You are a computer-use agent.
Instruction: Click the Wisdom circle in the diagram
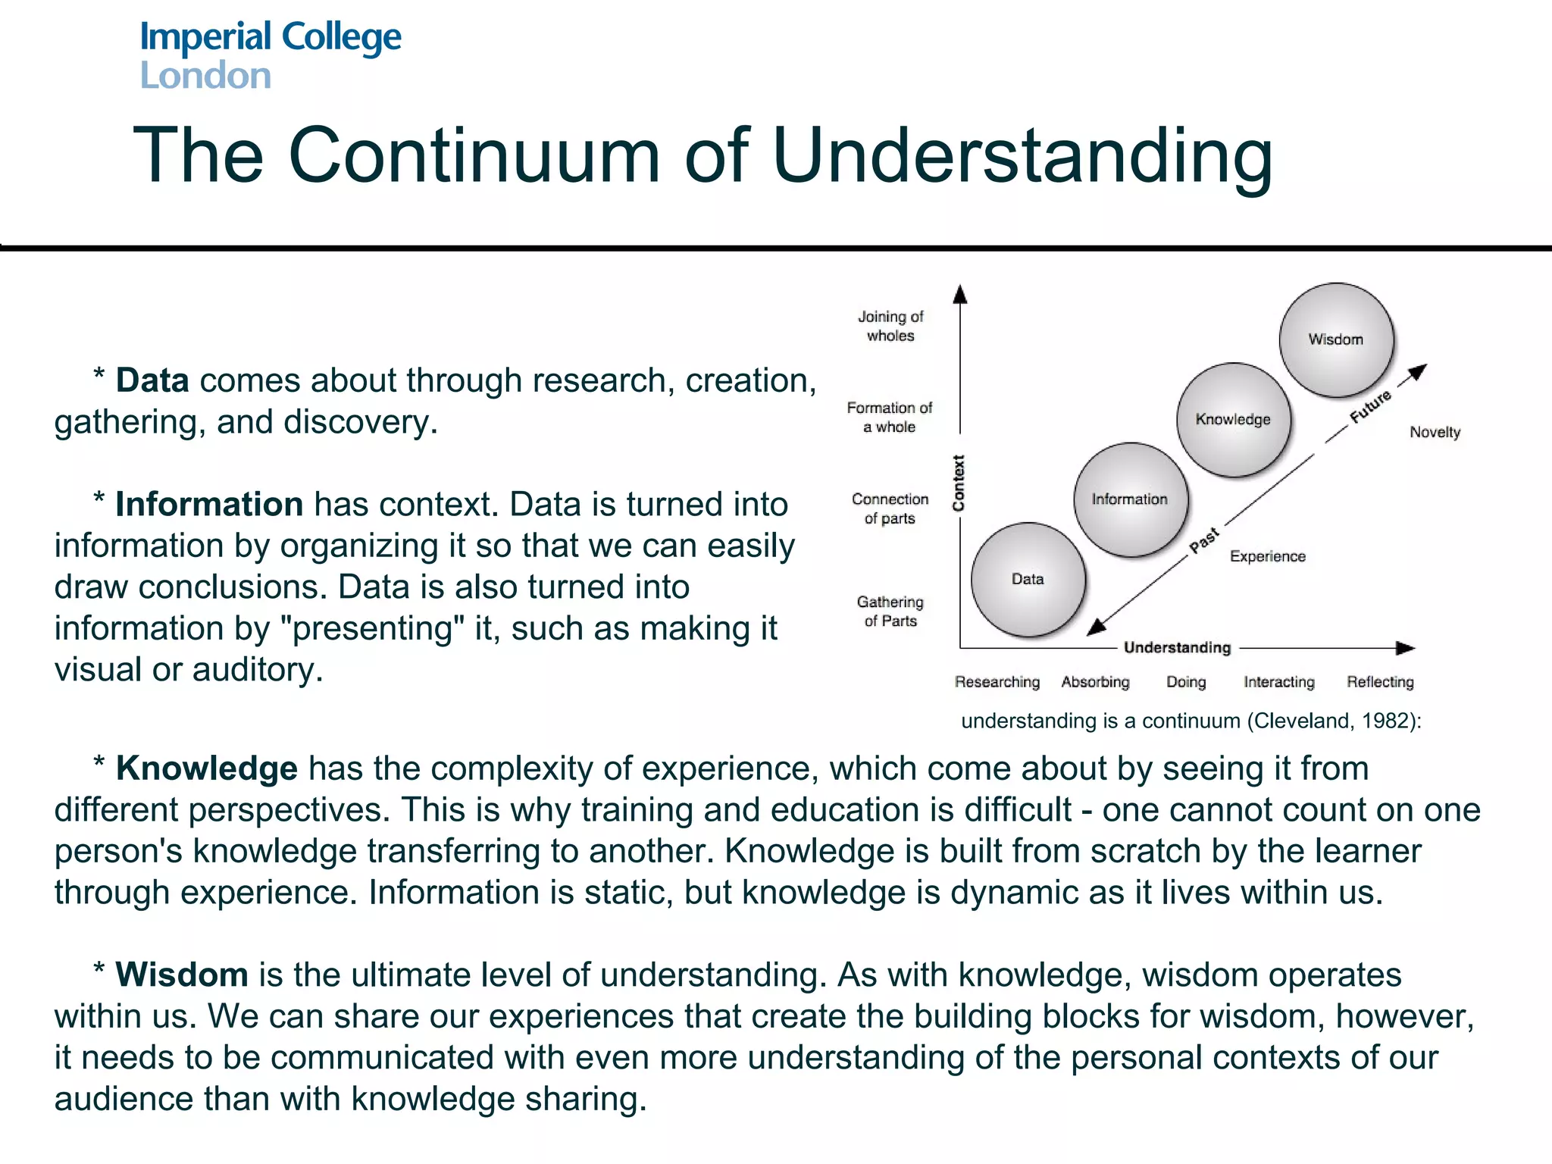click(x=1336, y=339)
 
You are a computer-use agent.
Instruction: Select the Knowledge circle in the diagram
click(x=1233, y=419)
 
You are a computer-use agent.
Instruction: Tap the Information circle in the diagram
click(x=1130, y=499)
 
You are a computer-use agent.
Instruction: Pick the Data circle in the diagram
click(x=1028, y=579)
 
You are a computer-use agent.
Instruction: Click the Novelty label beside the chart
click(x=1435, y=432)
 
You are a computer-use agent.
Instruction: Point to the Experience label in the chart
click(x=1267, y=556)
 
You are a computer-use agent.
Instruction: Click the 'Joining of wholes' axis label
click(x=890, y=326)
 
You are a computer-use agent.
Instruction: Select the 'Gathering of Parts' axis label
click(x=890, y=611)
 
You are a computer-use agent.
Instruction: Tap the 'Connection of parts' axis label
click(x=890, y=508)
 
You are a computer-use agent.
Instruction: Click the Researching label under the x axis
click(x=997, y=682)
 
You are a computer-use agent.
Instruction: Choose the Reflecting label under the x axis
click(x=1380, y=682)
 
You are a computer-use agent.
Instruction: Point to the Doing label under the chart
click(x=1186, y=682)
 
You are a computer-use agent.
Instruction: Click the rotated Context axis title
click(x=959, y=483)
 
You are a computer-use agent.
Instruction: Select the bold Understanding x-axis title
click(x=1177, y=647)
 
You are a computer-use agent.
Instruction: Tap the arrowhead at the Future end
click(x=1419, y=371)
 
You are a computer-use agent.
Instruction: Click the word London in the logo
click(x=205, y=76)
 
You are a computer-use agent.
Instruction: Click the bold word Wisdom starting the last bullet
click(x=182, y=975)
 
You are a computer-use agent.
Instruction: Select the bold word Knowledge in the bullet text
click(x=206, y=768)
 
